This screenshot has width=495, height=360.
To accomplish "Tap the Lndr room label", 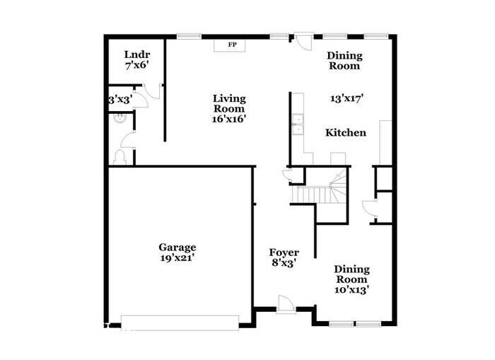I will pos(136,54).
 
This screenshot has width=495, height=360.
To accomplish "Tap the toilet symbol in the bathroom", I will pos(120,156).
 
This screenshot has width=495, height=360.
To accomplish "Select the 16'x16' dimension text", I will pos(230,119).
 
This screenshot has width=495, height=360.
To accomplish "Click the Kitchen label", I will pos(345,132).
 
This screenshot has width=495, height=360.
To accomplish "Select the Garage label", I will pos(177,248).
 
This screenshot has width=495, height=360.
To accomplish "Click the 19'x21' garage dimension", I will pos(177,258).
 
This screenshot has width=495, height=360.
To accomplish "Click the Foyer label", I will pos(284,252).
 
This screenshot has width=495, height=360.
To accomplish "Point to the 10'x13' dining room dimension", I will pos(351,289).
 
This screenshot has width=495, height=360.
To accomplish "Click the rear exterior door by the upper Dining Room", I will pos(303,40).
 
